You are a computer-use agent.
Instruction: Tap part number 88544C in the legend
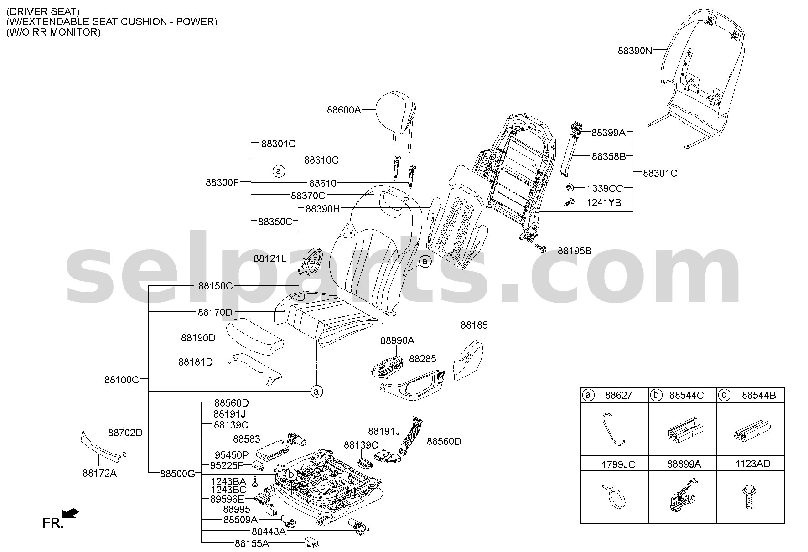(686, 395)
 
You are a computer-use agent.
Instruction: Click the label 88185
(474, 325)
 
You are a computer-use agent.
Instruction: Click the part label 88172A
(99, 474)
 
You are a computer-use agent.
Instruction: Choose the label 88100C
(121, 379)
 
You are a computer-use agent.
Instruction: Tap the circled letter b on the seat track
(292, 475)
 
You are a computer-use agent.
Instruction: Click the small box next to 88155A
(312, 542)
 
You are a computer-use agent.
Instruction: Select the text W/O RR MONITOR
(54, 32)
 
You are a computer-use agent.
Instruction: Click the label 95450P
(232, 454)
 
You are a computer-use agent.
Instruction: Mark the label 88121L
(270, 259)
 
